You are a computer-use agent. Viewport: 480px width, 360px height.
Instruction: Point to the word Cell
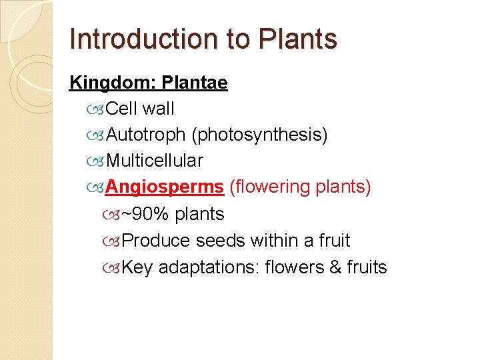tap(121, 108)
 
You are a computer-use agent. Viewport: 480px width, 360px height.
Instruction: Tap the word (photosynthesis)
tap(260, 135)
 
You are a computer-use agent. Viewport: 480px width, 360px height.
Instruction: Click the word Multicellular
tap(155, 161)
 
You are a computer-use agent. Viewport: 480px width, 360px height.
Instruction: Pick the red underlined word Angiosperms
tap(164, 187)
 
